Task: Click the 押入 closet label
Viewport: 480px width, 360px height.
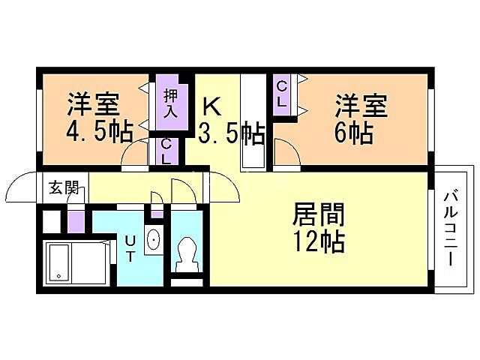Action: point(170,102)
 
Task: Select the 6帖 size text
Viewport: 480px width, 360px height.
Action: point(355,133)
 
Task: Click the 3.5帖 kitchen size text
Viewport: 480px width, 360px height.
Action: point(231,134)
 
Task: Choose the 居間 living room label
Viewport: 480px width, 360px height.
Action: point(318,216)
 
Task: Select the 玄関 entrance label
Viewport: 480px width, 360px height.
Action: point(64,187)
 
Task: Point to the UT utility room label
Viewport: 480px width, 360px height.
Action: point(130,248)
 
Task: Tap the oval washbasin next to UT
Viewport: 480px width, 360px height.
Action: point(153,239)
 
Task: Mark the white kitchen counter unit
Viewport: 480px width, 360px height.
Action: point(252,124)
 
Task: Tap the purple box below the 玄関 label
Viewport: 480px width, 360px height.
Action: point(76,221)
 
